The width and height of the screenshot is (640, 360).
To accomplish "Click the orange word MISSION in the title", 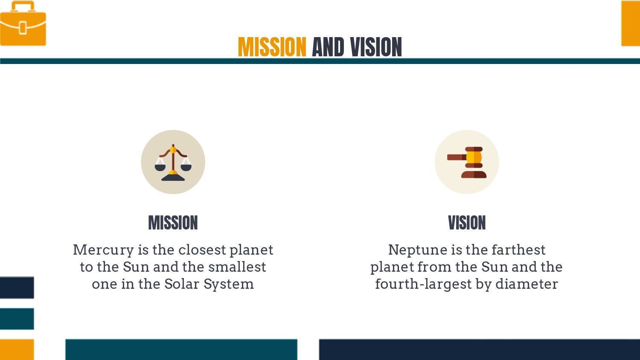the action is [x=272, y=47].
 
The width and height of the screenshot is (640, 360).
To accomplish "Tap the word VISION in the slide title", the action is [x=376, y=47].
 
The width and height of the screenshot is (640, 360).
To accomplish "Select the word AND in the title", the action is [x=328, y=47].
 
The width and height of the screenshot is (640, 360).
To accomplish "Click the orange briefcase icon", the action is [x=23, y=23].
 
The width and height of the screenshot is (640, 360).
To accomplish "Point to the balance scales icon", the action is [x=173, y=163].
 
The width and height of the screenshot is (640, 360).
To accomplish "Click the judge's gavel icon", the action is [x=467, y=162].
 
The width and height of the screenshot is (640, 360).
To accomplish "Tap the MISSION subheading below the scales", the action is [x=173, y=223].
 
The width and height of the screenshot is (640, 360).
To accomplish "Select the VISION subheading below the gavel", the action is [x=467, y=223].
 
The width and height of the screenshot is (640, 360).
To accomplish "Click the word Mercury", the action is [x=103, y=250].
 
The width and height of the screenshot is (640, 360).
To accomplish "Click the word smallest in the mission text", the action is [x=237, y=267].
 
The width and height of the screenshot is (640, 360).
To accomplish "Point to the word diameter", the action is [x=527, y=284].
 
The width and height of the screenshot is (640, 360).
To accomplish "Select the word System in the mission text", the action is [x=229, y=285].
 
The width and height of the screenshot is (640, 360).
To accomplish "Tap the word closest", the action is [x=202, y=250].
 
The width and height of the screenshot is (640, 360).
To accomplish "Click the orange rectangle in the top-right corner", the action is [x=631, y=23].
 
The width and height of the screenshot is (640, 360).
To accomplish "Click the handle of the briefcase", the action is [x=23, y=6].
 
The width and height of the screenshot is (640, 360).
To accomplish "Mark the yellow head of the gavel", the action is [x=474, y=157].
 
